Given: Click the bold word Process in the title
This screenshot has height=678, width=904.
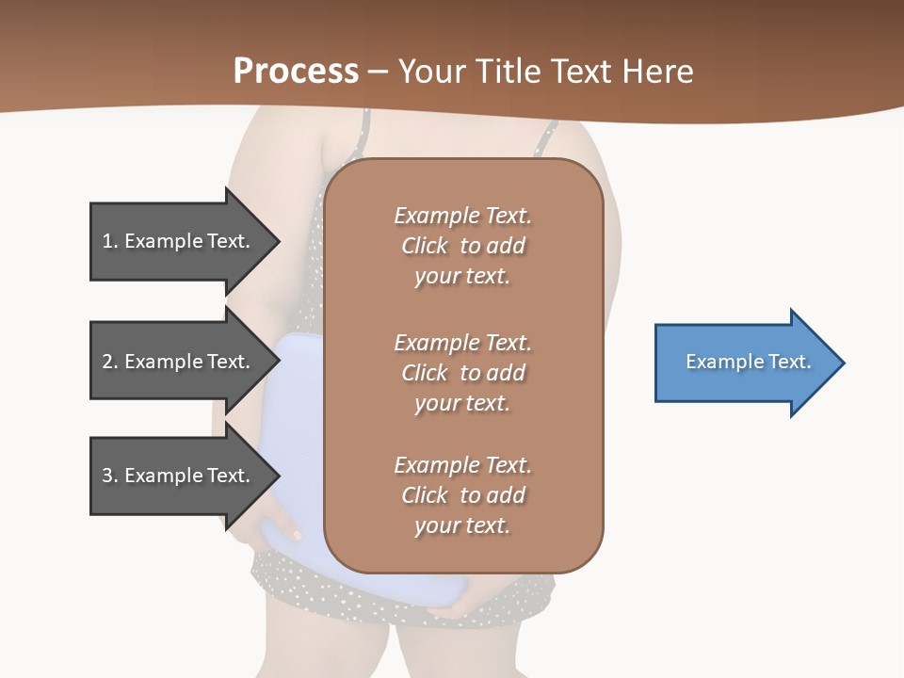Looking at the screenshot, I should [296, 71].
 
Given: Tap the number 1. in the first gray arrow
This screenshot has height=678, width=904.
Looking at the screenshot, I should [109, 241].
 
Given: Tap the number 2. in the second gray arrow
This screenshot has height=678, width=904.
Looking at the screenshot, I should [109, 362].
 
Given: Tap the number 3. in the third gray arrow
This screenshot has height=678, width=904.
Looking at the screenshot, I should [109, 476].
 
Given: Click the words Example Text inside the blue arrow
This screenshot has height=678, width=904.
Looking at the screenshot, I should [748, 362].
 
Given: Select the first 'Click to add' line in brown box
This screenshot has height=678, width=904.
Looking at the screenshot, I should [462, 246].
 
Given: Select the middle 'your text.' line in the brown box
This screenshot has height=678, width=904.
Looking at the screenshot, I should [462, 403].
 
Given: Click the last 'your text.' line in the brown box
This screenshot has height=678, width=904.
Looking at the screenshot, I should [462, 525].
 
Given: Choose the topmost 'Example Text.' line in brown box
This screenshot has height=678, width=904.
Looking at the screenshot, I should [462, 216].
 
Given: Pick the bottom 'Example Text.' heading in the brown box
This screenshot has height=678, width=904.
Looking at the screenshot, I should [462, 465].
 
